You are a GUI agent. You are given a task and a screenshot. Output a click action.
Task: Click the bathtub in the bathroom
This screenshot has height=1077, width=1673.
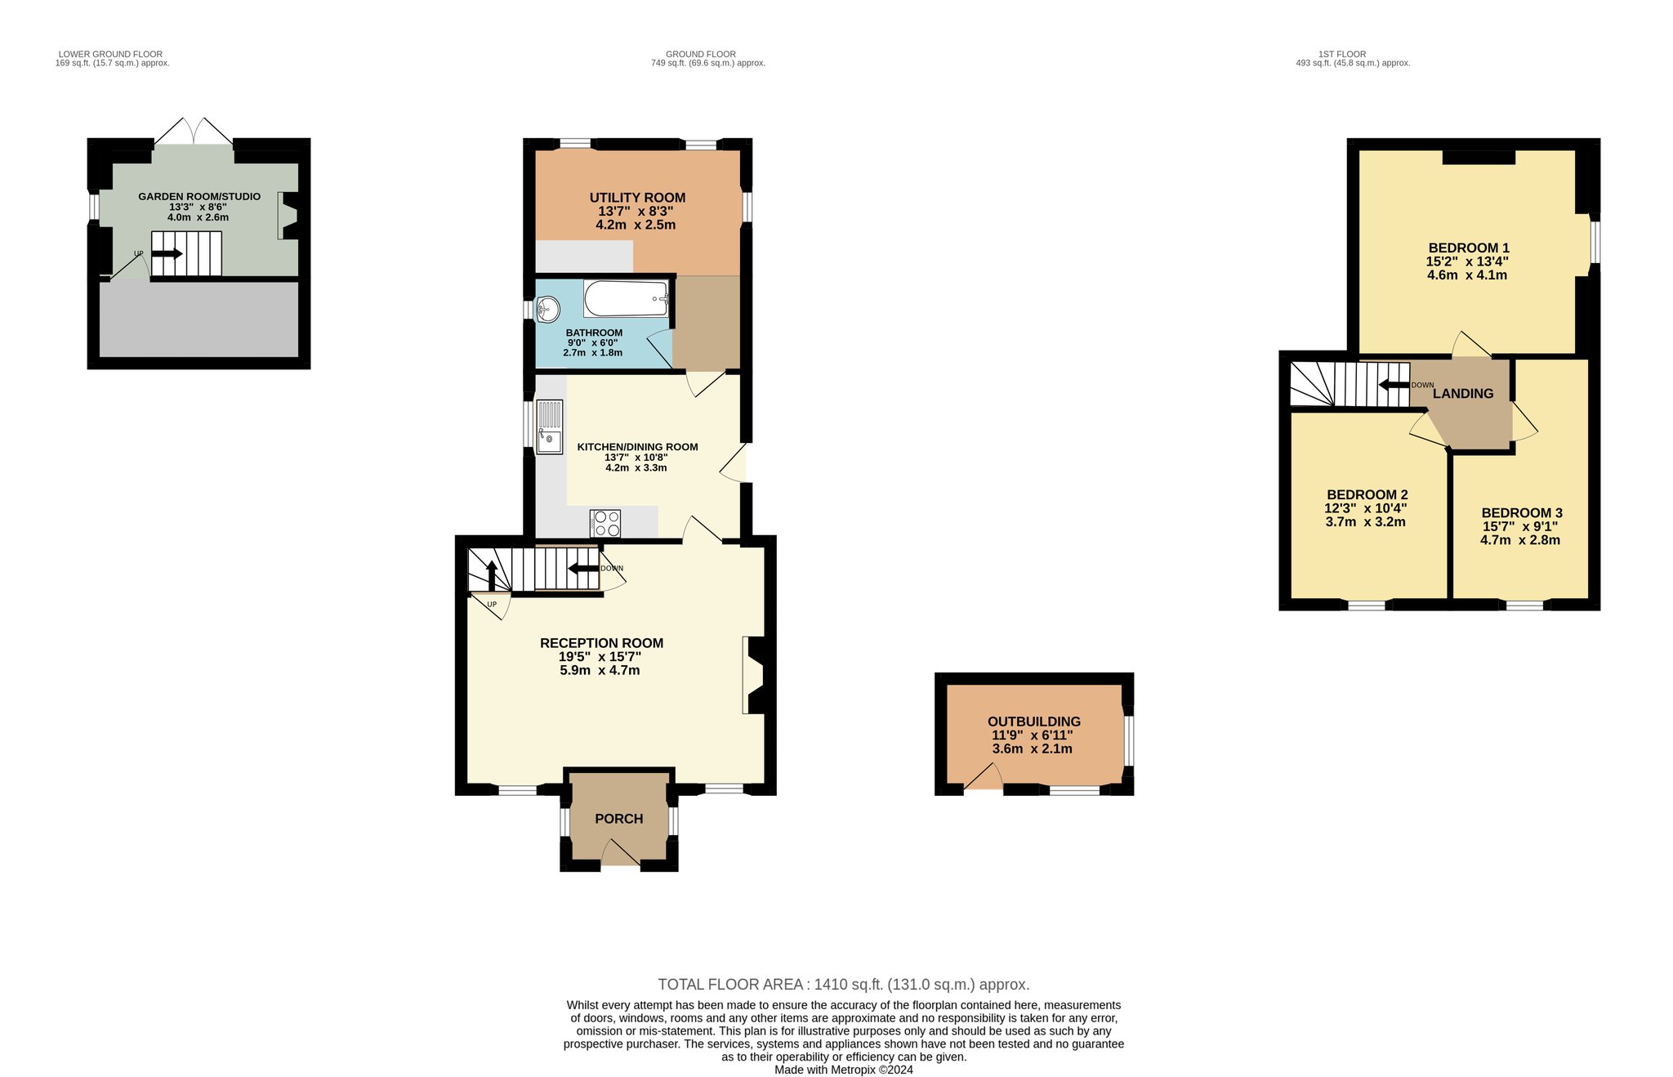pos(627,298)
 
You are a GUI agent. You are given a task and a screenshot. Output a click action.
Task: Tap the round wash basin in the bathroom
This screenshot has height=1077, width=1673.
pos(547,310)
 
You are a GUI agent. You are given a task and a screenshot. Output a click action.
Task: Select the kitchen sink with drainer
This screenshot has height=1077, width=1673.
pos(550,426)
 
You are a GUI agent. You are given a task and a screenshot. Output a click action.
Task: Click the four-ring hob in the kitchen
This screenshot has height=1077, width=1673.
pos(605,523)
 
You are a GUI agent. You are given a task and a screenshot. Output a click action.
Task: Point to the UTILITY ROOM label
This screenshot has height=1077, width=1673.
pos(637,198)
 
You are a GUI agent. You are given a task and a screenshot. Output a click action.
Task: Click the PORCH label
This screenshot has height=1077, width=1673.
pos(619,819)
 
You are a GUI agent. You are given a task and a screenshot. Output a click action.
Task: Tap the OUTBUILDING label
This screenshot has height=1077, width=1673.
pos(1034,722)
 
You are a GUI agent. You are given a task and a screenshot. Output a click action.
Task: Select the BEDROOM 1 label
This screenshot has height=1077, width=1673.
pos(1469,248)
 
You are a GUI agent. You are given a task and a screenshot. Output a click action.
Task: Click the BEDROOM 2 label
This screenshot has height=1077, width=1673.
pos(1367,494)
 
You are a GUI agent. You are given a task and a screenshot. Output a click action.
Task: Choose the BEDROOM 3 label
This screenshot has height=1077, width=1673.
pos(1522,513)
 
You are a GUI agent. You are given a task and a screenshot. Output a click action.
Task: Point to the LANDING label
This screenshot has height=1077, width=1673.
pos(1463,394)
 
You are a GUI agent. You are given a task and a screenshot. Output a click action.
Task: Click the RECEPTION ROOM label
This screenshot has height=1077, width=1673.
pos(601,643)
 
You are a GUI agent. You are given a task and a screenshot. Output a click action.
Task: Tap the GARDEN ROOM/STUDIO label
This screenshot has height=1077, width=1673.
pos(199,197)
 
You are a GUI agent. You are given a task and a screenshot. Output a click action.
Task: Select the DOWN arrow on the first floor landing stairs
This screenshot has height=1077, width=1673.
pos(1394,386)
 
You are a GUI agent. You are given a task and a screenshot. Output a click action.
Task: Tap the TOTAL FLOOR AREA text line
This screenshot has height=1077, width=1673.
pos(844,985)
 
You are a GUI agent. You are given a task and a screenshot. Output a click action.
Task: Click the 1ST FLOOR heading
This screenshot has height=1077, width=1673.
pos(1342,55)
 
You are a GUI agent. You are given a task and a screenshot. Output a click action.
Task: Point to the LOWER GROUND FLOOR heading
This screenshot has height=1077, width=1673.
pos(111,55)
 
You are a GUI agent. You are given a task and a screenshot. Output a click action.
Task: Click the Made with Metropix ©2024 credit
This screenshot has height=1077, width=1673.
pos(844,1070)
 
